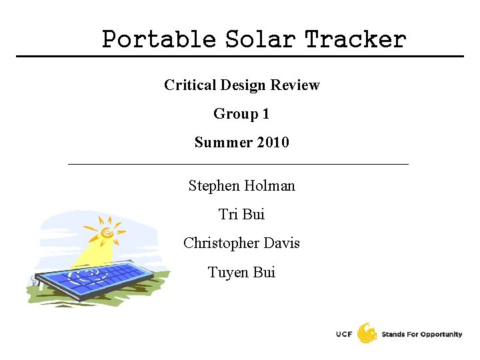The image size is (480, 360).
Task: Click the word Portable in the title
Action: tap(159, 39)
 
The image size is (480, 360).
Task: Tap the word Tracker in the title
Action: tap(355, 39)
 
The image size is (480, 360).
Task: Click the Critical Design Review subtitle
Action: tap(241, 85)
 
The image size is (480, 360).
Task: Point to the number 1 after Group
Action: tap(265, 114)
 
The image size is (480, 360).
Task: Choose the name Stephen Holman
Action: tap(241, 186)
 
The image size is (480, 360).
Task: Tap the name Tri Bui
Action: tap(241, 215)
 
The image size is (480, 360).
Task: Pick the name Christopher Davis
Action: tap(241, 243)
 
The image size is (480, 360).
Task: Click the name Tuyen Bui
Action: tap(241, 273)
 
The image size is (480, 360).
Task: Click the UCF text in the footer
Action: tap(345, 334)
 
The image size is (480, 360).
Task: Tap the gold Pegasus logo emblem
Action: tap(367, 333)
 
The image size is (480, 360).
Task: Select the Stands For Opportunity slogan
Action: tap(421, 334)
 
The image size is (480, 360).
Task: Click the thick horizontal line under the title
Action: tap(240, 56)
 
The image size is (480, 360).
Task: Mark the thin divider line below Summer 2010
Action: tap(239, 164)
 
